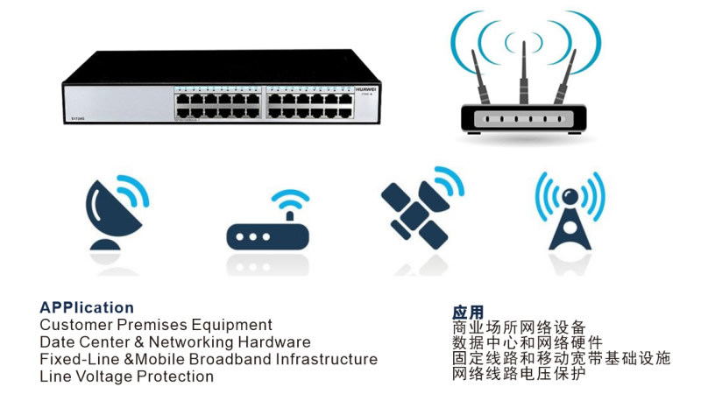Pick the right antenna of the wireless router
pos(567,76)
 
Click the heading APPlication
pos(87,307)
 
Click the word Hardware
pos(271,342)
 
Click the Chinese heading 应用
pos(468,312)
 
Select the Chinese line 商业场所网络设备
pos(519,327)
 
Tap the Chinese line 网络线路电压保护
pos(519,374)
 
